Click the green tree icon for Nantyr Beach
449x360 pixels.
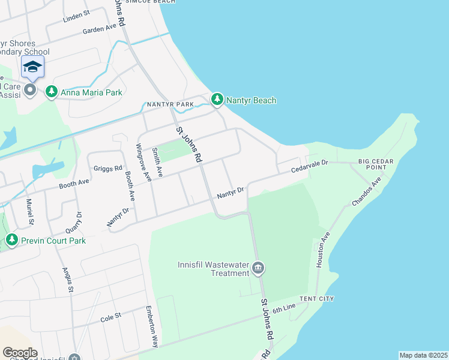point(217,100)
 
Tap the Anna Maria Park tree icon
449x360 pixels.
point(52,92)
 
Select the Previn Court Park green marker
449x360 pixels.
point(11,241)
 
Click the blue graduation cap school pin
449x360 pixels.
point(32,67)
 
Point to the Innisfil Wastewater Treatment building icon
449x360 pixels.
point(258,268)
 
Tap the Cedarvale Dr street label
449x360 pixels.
point(310,167)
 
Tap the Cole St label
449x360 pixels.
point(110,315)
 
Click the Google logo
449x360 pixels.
point(20,352)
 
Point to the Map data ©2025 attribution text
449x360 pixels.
point(423,355)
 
